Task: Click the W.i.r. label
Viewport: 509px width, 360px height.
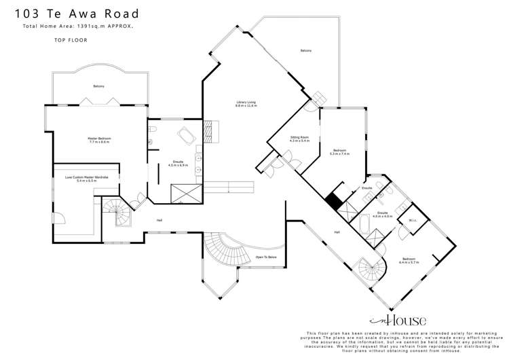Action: (x=411, y=220)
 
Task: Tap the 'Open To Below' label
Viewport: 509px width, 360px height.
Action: (x=265, y=257)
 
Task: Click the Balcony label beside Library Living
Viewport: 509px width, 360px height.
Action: (x=306, y=51)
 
